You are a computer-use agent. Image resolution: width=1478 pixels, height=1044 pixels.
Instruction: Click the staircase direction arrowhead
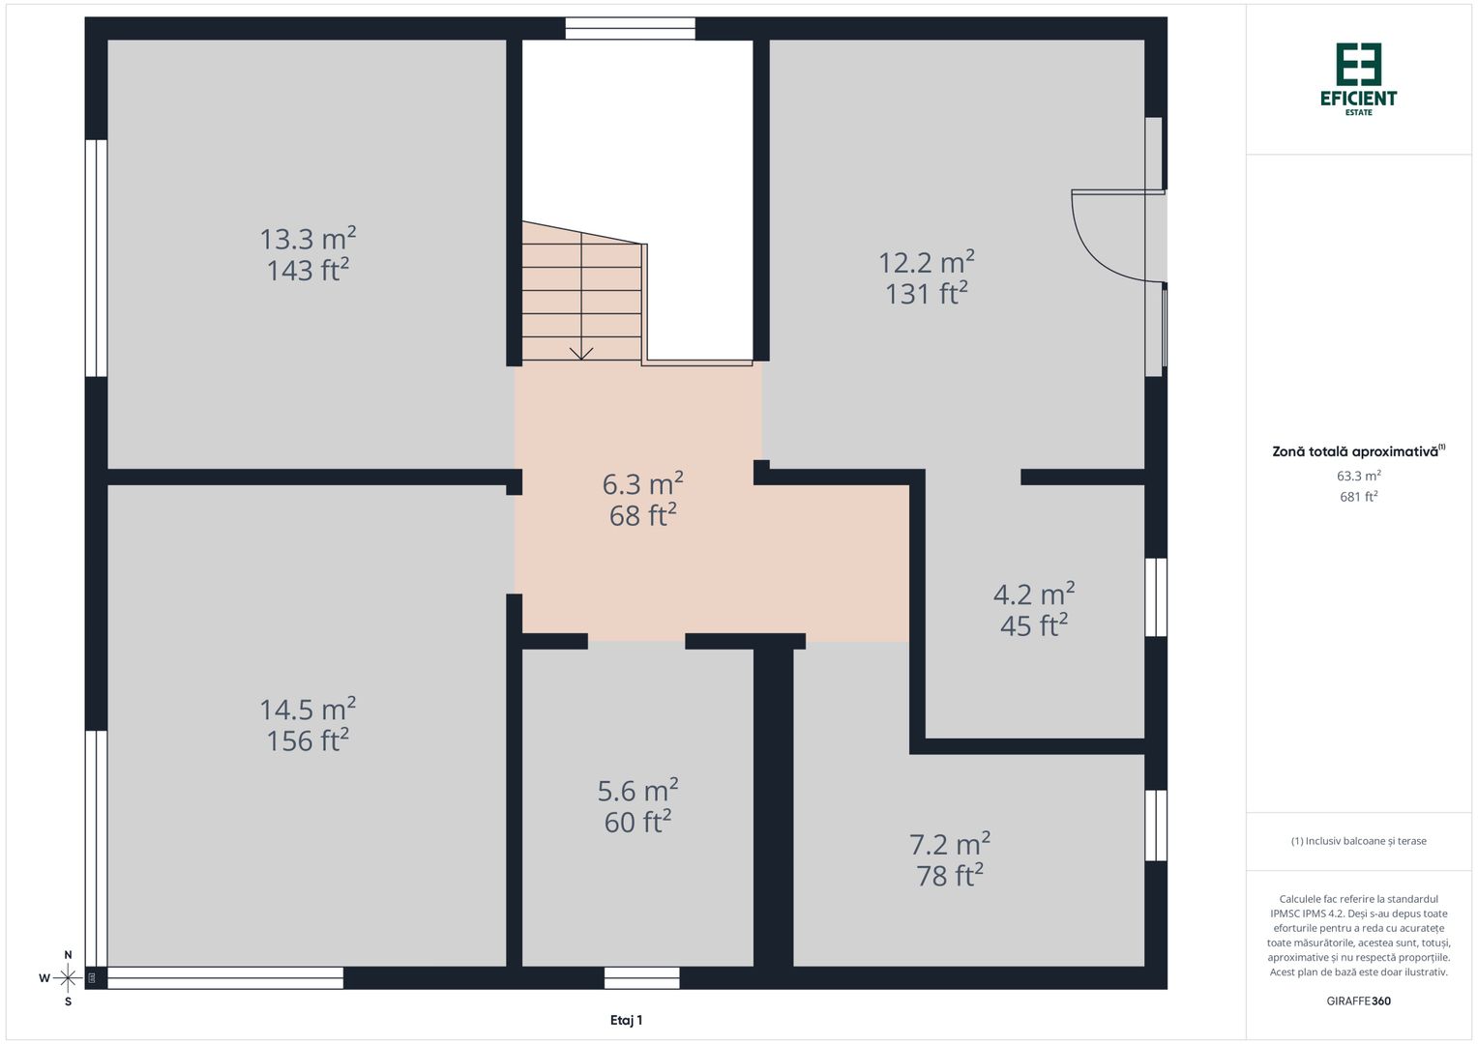[580, 354]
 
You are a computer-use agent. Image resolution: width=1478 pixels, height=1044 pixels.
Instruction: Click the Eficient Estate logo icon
[1359, 64]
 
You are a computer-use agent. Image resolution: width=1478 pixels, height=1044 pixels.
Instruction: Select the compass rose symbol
[68, 978]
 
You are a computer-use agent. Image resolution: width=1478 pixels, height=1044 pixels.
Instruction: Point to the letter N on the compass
[68, 955]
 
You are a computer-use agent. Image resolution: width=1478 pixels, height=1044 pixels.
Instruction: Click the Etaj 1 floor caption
[626, 1020]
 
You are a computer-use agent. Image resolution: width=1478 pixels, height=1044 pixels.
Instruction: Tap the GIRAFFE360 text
[1359, 1000]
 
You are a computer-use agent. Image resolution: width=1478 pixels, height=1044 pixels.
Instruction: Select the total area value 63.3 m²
[1359, 476]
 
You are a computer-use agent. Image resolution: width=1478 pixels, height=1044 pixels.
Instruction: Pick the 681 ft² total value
[1359, 497]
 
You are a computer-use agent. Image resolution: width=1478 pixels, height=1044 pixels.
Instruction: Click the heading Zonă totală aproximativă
[1357, 451]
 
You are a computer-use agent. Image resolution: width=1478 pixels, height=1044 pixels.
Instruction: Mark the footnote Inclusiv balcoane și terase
[1359, 841]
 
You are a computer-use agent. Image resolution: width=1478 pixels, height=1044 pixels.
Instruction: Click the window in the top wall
[630, 28]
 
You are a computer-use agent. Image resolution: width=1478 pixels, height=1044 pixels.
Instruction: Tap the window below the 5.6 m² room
[642, 978]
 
